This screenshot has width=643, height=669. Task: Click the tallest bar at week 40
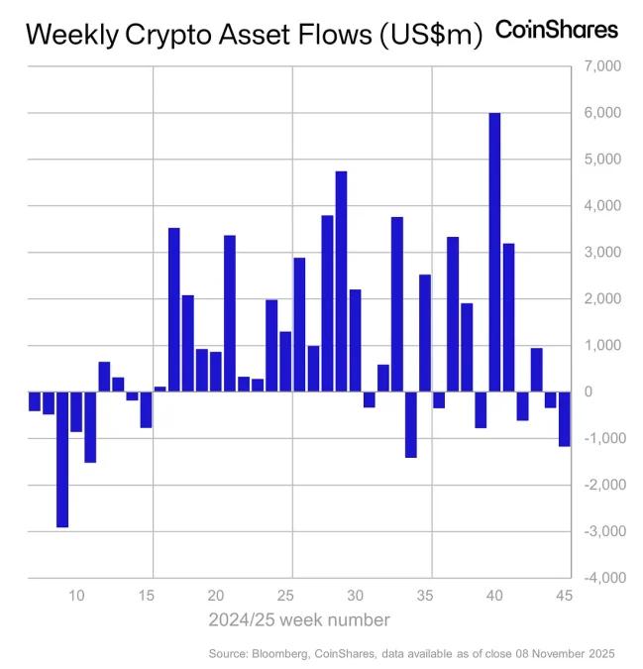coord(494,252)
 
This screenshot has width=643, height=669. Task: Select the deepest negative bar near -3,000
coord(62,459)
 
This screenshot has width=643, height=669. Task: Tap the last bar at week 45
coord(564,418)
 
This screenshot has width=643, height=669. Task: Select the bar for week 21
coord(230,313)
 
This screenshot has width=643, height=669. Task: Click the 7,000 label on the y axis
coord(602,66)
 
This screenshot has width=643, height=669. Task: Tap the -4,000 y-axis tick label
coord(600,578)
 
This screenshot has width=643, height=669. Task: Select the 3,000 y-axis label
coord(602,253)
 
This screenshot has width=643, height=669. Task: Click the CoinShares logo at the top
coord(556,31)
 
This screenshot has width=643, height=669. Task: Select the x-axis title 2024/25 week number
coord(298,619)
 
